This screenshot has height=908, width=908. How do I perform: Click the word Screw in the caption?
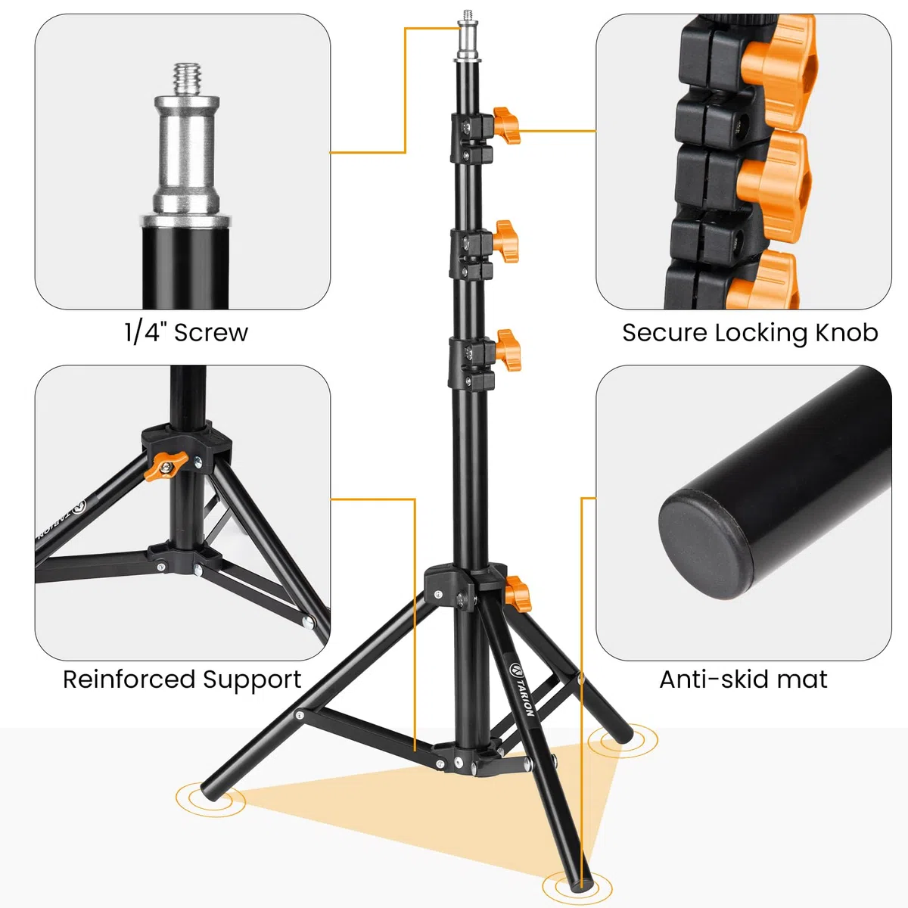(210, 332)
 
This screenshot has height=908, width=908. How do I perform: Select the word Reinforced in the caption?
(129, 679)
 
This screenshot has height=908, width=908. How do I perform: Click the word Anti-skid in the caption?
(707, 679)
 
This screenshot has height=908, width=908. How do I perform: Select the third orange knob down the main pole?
(508, 350)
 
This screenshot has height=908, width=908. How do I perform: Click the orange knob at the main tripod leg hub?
(518, 594)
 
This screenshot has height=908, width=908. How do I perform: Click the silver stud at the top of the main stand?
(467, 36)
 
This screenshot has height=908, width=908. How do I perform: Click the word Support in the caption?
(252, 680)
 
